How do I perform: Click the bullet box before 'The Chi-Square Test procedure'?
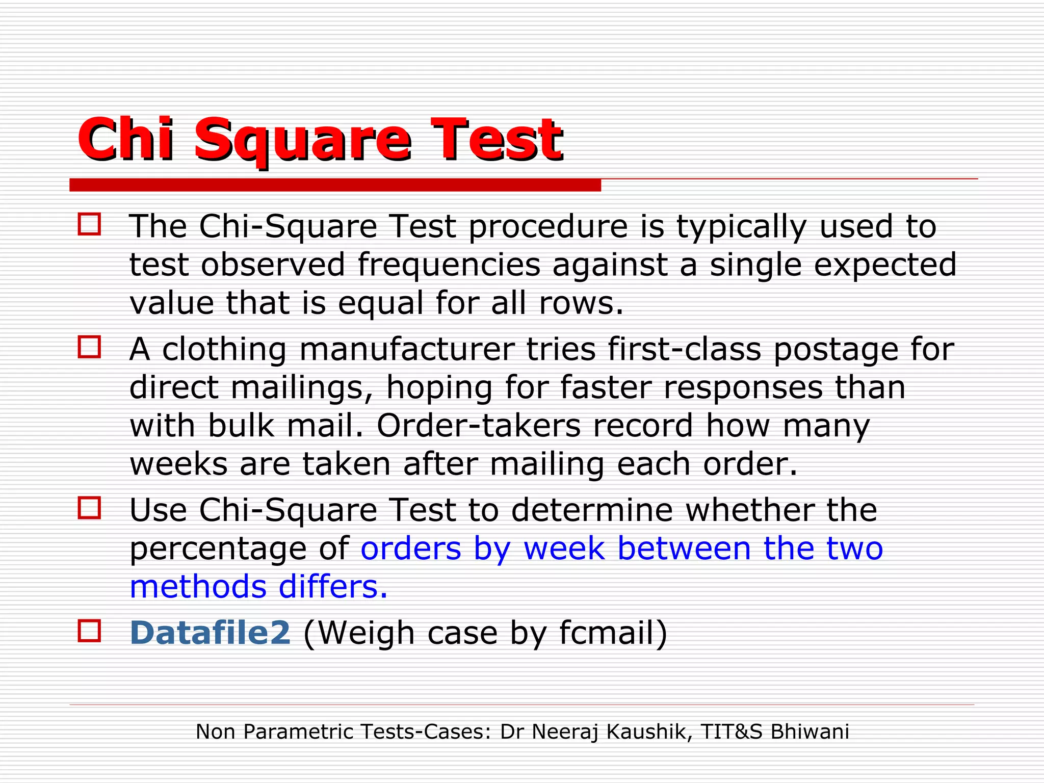(89, 224)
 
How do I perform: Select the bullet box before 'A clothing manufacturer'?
(89, 347)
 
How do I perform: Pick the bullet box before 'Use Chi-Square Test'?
(89, 508)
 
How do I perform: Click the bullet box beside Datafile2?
(89, 631)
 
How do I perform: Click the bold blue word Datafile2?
(210, 633)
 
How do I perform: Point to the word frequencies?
(449, 265)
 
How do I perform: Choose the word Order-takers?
(479, 426)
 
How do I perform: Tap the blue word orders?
(411, 549)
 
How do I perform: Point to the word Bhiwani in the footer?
(810, 732)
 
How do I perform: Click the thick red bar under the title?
(335, 185)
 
